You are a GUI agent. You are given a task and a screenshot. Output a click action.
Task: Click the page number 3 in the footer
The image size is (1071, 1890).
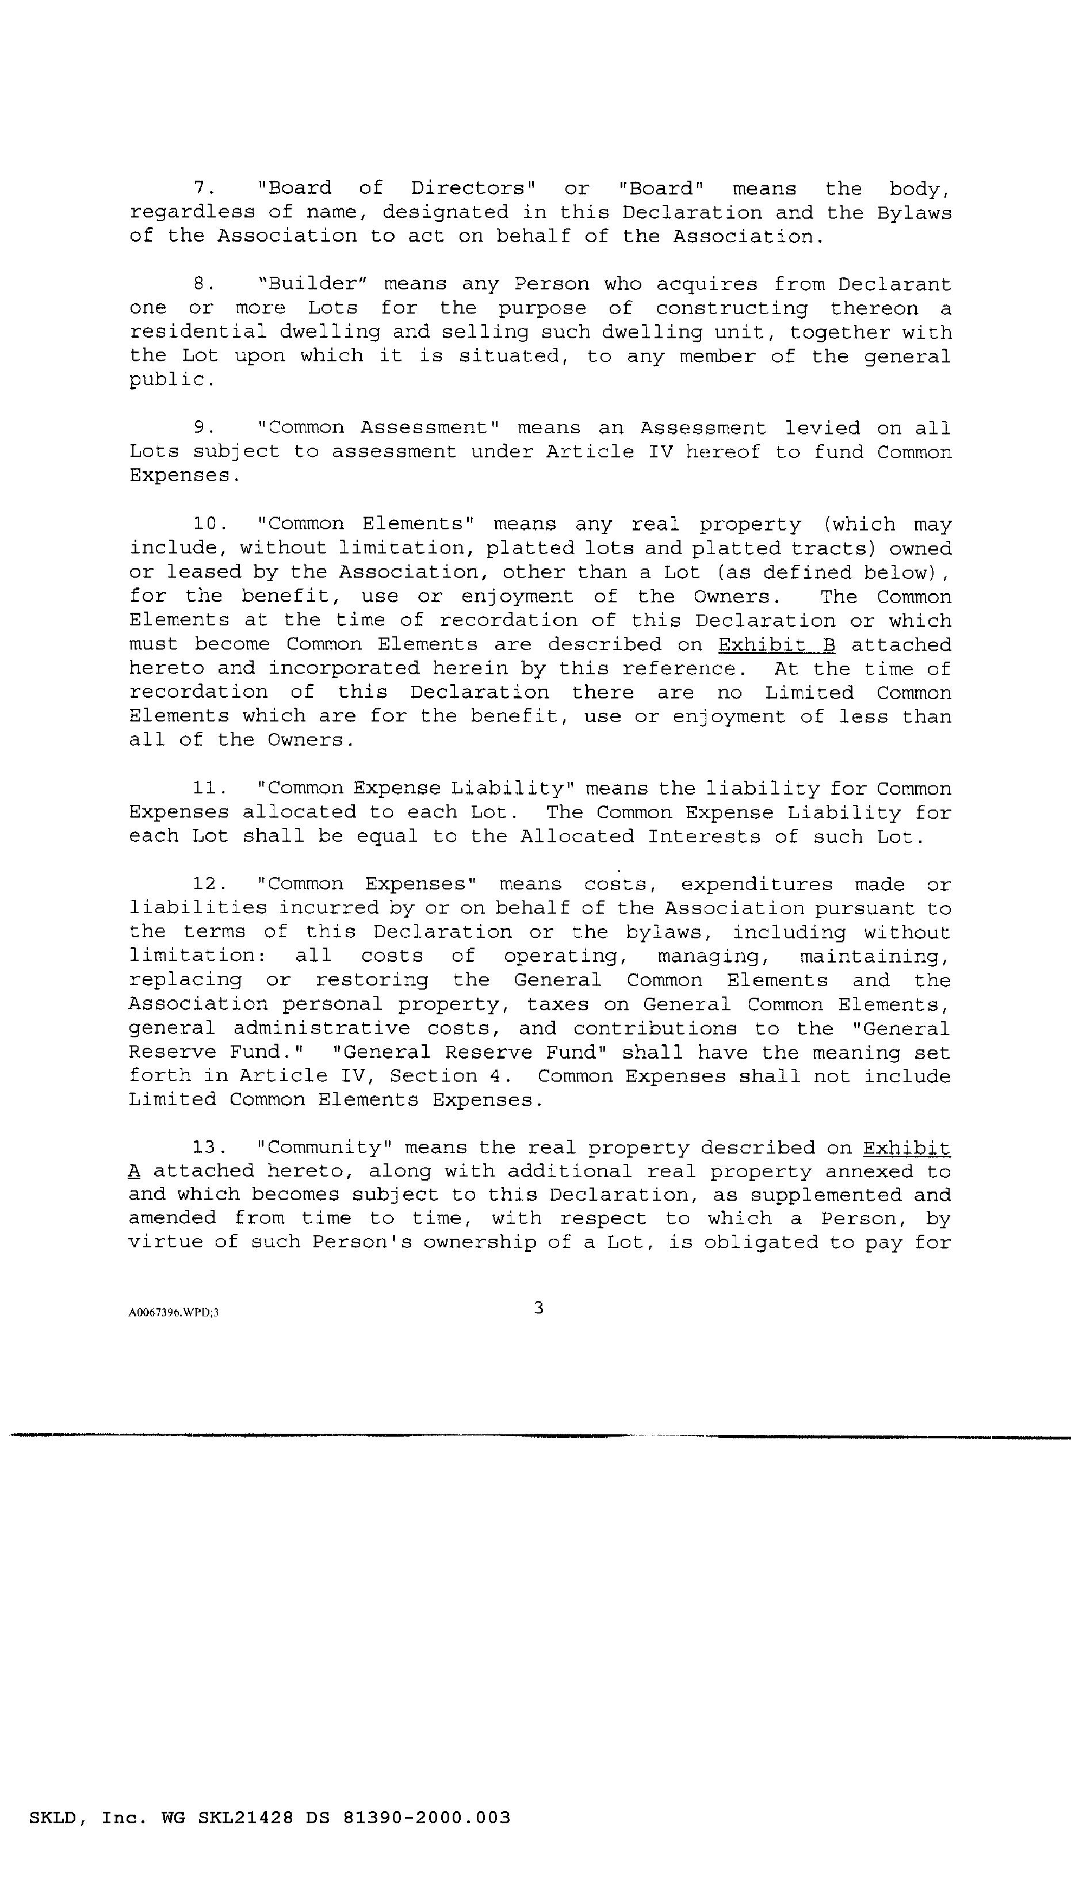[x=538, y=1307]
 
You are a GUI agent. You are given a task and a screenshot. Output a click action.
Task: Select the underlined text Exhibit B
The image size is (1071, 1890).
[x=776, y=644]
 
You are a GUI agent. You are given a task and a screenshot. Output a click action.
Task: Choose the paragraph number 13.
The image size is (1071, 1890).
[x=208, y=1148]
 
